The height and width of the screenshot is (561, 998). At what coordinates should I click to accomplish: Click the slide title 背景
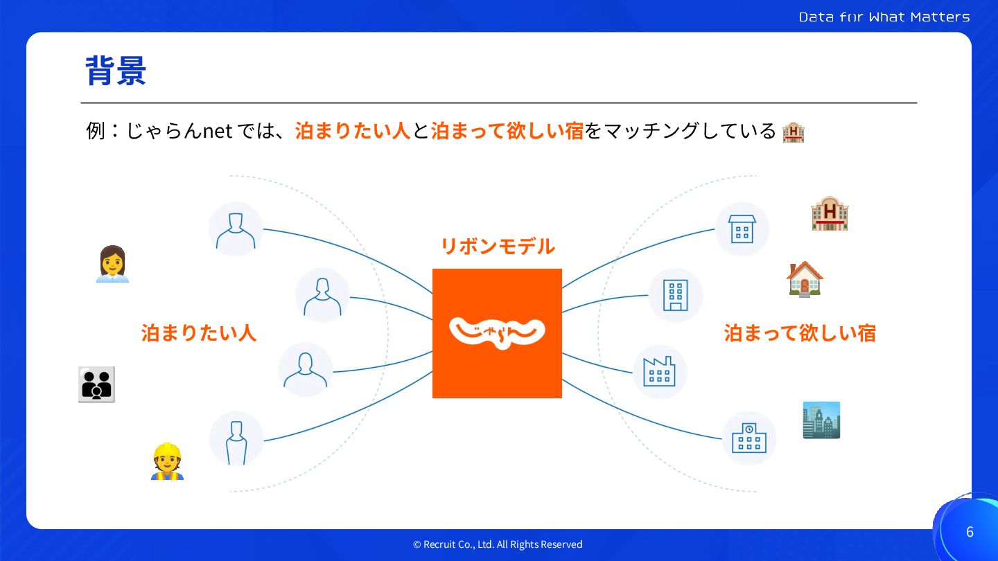116,71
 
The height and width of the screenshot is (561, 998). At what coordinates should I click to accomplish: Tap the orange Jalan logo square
497,333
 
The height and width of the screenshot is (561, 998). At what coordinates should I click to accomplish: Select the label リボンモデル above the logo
498,246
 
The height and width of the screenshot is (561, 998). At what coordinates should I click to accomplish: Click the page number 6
970,532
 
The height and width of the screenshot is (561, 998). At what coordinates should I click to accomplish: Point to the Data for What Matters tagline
884,17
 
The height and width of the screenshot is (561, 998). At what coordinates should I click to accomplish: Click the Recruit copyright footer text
498,544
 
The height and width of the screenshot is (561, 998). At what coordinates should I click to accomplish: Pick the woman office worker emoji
112,265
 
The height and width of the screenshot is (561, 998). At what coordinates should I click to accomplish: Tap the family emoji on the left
96,384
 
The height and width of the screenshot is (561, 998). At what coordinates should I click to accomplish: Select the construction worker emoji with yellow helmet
167,461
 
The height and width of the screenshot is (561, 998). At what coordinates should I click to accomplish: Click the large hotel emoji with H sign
830,213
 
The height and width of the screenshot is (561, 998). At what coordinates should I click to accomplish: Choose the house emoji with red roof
805,279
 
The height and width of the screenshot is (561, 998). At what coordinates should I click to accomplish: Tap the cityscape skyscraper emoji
821,420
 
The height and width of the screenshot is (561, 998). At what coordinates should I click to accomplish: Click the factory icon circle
660,372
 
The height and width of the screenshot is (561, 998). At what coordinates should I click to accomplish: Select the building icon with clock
749,438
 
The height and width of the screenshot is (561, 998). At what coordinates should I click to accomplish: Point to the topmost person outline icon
236,229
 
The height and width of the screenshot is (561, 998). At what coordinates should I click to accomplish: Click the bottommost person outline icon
236,438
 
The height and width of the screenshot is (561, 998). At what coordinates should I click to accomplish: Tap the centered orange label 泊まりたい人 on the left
199,333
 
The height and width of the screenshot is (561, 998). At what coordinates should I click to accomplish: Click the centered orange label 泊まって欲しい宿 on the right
800,333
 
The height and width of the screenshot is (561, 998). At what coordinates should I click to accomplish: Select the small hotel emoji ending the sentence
793,132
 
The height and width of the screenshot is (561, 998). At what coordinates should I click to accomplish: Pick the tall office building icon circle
675,296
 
